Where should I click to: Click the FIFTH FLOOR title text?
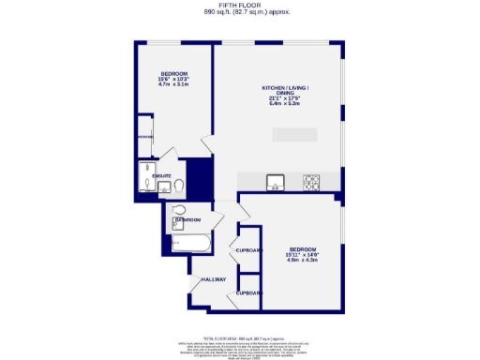coord(239,6)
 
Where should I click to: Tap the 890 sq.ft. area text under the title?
coord(239,13)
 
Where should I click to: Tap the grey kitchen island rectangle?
coord(294,134)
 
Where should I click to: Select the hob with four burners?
coord(311,180)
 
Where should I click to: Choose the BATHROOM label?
coord(187,220)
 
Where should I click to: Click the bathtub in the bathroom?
coord(192,246)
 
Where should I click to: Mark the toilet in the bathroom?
coord(179,210)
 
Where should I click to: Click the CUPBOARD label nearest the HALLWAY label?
coord(247,292)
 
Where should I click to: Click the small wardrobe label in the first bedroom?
coord(145,135)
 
